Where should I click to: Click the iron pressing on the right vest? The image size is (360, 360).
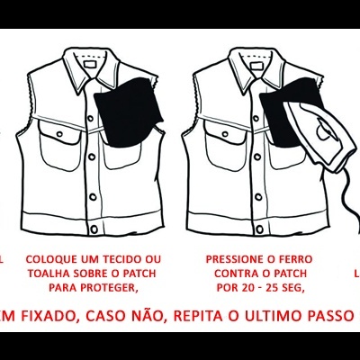point(310,135)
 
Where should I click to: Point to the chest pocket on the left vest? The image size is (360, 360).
point(59,142)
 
